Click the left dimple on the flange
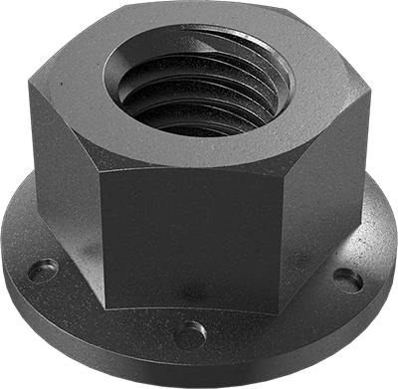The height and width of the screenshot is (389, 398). tap(42, 270)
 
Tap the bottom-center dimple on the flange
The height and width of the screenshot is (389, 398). tap(190, 333)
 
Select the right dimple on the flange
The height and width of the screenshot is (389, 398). tap(347, 280)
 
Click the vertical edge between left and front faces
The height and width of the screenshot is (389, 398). tap(102, 229)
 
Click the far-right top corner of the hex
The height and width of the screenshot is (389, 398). tap(370, 99)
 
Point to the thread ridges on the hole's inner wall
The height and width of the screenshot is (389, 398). tap(189, 99)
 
